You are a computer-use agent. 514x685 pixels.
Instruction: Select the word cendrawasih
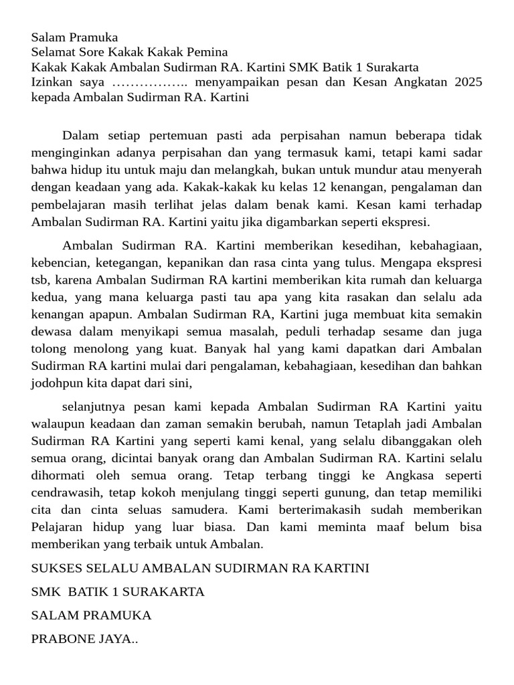[x=64, y=493]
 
